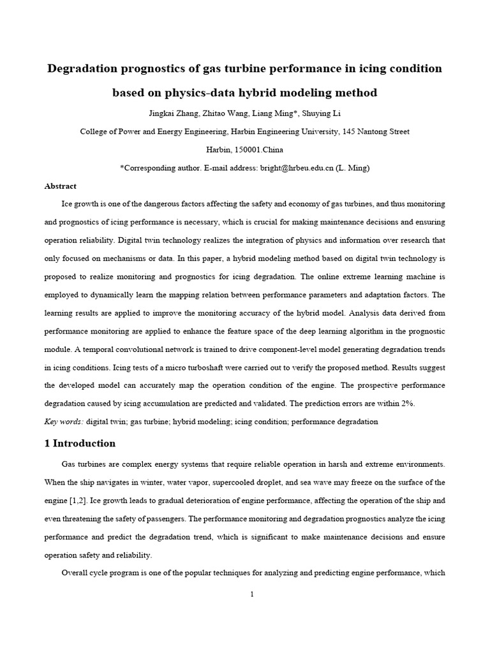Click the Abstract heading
point(61,186)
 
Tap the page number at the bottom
point(252,594)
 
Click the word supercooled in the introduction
point(260,481)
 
